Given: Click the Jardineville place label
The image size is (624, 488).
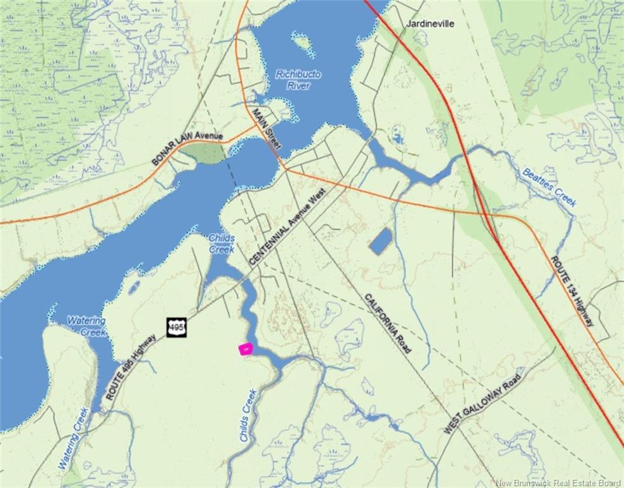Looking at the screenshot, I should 430,24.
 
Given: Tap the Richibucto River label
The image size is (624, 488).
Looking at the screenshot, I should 298,79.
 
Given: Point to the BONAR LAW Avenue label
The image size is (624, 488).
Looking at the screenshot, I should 187,145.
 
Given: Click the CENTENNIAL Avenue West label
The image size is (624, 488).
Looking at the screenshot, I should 288,229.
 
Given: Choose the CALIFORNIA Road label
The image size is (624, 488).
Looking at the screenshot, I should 388,323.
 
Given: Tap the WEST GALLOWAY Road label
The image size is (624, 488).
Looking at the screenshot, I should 482,403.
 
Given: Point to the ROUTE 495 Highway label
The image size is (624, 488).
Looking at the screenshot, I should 130,367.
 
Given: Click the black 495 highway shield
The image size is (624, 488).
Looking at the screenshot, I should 176,327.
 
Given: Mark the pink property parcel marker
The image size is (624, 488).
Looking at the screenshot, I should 245,348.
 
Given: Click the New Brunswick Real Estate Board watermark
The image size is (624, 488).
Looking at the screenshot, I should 559,483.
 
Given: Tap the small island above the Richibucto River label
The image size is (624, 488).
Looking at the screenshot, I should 303,42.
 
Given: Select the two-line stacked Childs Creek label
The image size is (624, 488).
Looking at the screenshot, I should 222,243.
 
